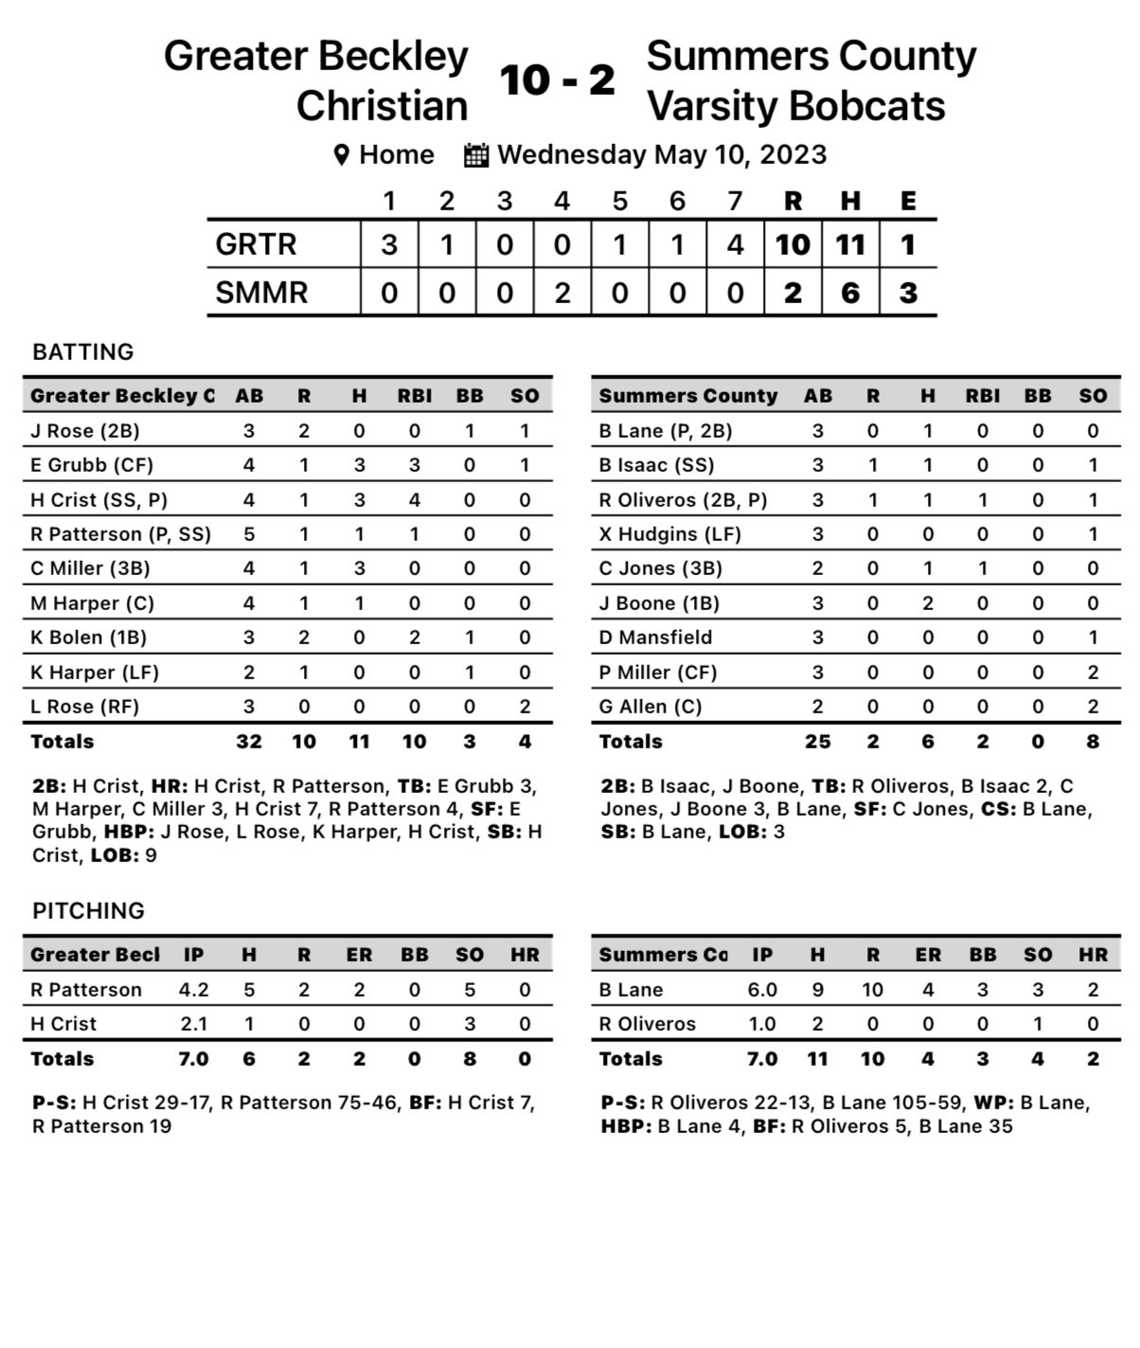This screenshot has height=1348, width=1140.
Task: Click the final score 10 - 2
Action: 558,81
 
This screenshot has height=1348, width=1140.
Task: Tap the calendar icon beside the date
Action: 476,154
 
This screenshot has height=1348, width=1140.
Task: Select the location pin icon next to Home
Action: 342,155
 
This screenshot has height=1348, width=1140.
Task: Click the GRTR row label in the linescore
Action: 256,244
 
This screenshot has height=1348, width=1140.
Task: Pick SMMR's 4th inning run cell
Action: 562,293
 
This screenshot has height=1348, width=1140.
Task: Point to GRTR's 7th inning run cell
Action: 735,244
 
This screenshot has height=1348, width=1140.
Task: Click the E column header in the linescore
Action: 908,201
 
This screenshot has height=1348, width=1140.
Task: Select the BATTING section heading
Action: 83,352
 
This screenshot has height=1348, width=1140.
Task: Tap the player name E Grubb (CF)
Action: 92,465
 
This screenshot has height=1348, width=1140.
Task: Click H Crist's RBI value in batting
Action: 415,499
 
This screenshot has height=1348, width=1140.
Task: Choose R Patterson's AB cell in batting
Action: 249,534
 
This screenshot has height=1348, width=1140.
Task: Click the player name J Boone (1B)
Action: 659,603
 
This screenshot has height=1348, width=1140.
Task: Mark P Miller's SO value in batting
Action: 1093,673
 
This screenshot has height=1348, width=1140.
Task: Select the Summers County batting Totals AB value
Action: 817,742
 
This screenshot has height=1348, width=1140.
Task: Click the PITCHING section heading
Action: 89,911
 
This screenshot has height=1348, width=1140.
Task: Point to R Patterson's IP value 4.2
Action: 194,990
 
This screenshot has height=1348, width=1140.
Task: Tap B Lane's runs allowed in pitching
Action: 872,990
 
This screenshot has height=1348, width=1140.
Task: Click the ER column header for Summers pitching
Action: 928,955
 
